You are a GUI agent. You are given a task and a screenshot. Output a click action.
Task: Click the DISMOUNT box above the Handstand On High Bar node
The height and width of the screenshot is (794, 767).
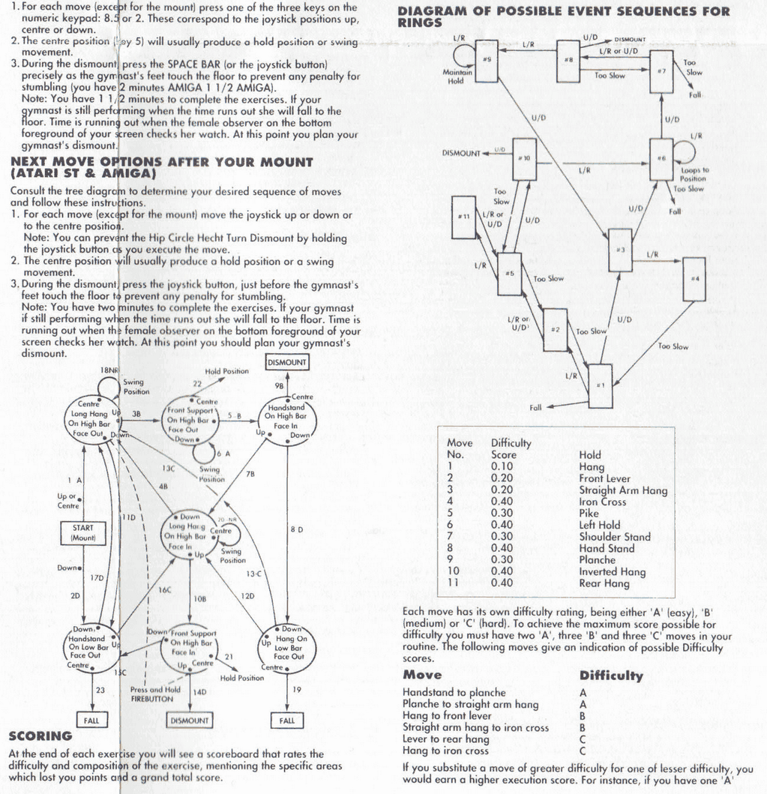(287, 362)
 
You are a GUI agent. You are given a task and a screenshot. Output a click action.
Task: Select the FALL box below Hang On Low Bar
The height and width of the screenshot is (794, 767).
(287, 721)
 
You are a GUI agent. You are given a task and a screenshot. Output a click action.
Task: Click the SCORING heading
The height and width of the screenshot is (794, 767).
(40, 736)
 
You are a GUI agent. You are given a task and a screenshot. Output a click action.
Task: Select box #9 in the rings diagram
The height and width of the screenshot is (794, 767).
(487, 61)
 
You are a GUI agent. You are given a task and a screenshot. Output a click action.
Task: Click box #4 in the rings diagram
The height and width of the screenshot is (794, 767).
(694, 278)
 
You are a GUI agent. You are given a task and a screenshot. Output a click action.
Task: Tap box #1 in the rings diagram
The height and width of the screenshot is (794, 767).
(600, 385)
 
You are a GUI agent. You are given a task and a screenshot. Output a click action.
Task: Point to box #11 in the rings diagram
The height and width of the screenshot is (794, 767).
(465, 216)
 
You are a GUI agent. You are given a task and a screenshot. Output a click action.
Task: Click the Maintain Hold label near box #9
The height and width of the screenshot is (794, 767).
(457, 77)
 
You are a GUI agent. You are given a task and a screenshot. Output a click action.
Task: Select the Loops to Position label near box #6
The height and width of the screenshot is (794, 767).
(694, 175)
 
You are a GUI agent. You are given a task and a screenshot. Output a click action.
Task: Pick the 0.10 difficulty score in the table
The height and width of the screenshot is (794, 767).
(502, 466)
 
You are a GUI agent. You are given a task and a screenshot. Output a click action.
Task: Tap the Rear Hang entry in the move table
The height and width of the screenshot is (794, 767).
(605, 583)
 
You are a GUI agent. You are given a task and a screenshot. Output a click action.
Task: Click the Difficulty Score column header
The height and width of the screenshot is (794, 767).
(511, 448)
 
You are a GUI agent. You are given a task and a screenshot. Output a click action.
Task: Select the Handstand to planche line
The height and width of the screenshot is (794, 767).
(454, 692)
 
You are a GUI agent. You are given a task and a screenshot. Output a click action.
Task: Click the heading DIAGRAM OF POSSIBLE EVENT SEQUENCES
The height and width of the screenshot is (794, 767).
(562, 16)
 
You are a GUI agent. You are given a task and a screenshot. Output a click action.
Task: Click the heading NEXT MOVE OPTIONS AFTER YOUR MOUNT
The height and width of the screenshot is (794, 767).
(161, 166)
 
